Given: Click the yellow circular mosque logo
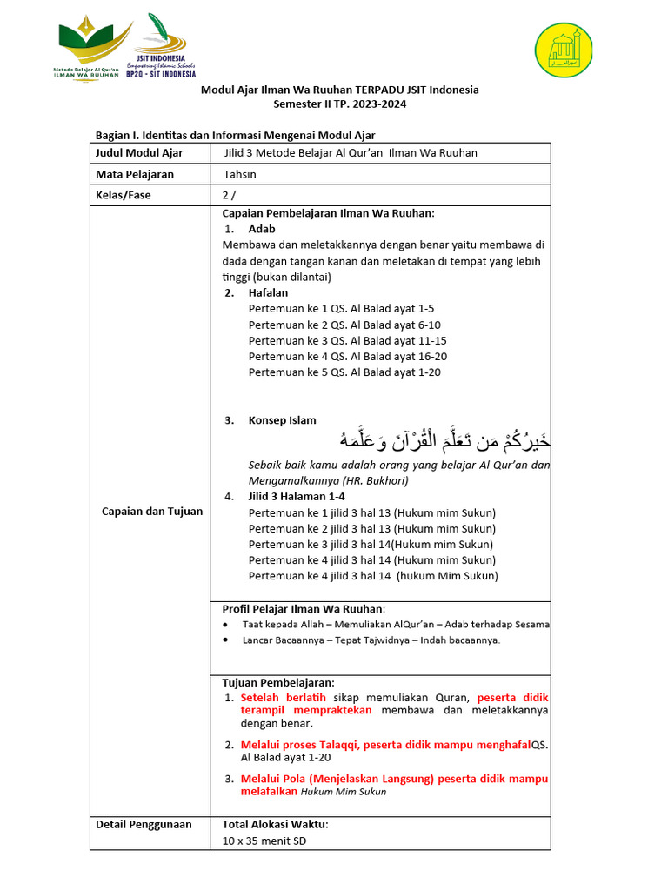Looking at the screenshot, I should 563,50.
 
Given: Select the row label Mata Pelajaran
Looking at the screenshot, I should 135,174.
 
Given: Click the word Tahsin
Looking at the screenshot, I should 240,174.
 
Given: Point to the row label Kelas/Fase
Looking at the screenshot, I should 124,195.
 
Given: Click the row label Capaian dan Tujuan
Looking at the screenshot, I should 152,512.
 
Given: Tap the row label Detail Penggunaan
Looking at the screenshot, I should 144,825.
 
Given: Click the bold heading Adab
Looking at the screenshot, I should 262,229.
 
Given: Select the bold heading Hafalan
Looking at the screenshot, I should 268,293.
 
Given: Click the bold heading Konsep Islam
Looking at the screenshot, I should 282,420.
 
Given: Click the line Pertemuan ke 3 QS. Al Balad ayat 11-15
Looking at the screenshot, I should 348,340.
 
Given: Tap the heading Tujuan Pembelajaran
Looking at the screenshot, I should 278,682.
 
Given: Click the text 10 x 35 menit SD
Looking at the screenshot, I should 264,841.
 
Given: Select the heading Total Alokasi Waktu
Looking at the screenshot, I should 276,825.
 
